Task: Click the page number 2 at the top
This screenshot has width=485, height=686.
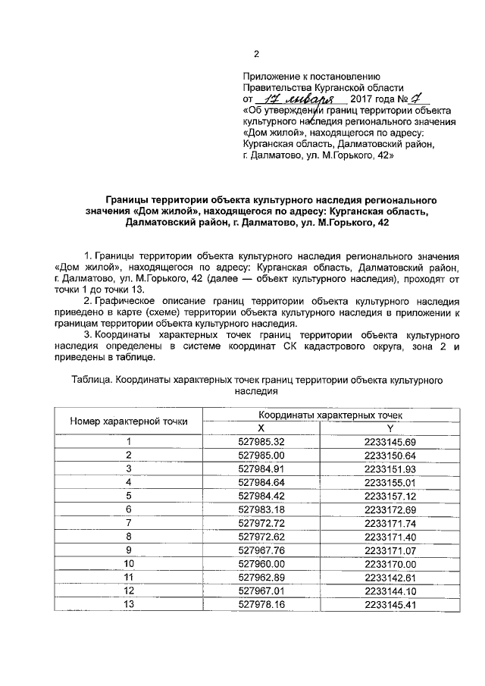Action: click(256, 54)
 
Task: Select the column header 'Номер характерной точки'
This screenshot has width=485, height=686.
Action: click(129, 421)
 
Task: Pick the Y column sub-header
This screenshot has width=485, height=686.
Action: click(390, 428)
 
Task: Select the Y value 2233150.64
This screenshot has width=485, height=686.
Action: click(390, 455)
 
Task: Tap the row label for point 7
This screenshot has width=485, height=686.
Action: click(129, 523)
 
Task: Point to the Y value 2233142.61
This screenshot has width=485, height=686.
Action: click(390, 578)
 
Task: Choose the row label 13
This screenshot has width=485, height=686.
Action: click(129, 605)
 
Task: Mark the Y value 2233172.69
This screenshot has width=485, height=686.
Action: click(390, 509)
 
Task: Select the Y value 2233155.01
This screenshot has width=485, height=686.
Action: click(390, 482)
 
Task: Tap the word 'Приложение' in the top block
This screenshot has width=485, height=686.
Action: click(270, 77)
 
